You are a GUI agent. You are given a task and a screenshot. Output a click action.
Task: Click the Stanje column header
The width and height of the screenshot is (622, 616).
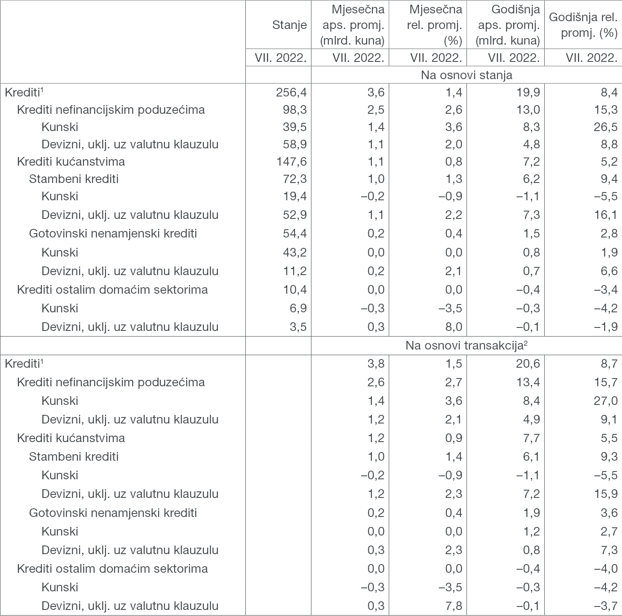point(289,25)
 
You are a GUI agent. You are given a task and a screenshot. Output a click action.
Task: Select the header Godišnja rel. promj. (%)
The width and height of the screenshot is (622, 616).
point(583,25)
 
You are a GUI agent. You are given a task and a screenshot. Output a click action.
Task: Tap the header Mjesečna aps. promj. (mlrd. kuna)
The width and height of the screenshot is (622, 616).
point(352,25)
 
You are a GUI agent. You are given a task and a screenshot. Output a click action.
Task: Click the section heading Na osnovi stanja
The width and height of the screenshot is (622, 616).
point(466,75)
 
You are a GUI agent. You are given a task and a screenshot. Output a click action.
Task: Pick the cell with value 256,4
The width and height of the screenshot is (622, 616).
point(291,92)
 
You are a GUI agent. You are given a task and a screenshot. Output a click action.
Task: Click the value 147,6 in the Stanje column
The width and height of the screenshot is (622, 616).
point(291,161)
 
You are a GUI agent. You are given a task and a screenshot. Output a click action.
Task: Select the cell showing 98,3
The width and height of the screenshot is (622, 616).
point(294,109)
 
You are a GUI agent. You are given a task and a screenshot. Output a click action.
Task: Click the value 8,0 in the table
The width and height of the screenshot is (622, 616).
point(454,327)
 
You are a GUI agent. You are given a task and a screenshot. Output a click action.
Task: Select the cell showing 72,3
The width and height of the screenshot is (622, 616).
point(294,179)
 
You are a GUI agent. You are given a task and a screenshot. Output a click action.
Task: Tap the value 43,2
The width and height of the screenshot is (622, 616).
point(294,252)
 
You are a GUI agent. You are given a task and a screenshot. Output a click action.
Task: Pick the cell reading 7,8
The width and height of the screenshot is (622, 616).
point(454,606)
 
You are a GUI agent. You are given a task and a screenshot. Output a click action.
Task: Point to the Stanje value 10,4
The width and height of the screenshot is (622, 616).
point(294,289)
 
